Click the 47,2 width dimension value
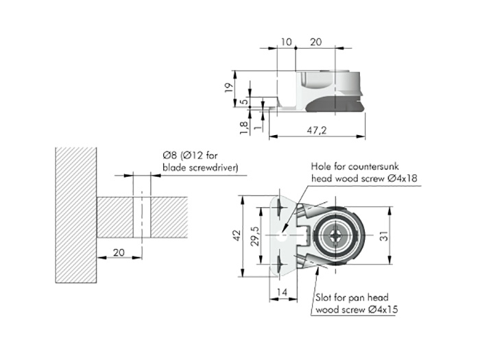tap(317, 130)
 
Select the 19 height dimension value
tap(229, 88)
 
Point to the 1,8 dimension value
tap(243, 128)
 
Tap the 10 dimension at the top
tap(286, 42)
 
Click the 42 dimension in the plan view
tap(237, 235)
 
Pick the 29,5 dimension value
tap(255, 236)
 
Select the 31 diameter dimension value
tap(384, 236)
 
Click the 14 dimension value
tap(282, 292)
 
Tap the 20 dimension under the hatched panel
tap(119, 252)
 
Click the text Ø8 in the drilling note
tap(170, 156)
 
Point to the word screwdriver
tap(213, 168)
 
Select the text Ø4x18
tap(402, 178)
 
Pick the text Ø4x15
tap(383, 309)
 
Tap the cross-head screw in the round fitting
tap(335, 235)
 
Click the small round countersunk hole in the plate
tap(283, 236)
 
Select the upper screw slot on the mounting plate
tap(280, 206)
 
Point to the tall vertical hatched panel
tap(76, 215)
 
